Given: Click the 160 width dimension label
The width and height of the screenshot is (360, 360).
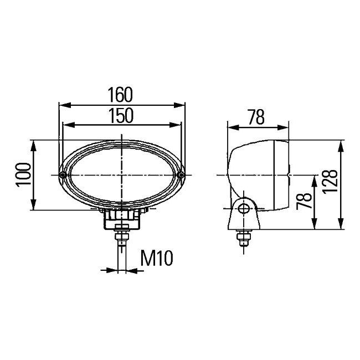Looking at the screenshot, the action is click(120, 95).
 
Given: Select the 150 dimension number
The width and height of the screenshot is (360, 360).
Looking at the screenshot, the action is click(121, 116).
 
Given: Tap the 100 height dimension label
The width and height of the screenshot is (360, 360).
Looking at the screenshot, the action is click(23, 174).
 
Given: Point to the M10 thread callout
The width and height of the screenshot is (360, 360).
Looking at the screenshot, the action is click(157, 258).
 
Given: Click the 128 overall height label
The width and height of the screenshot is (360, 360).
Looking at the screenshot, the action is click(330, 182).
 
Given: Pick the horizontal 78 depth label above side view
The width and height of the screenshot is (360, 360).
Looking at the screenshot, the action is click(256, 117).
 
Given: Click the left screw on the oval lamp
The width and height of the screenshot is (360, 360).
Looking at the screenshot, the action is click(62, 175).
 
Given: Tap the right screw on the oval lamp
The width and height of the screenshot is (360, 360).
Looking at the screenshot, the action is click(181, 175).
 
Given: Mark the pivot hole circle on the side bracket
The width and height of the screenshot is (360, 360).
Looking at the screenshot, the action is click(243, 209).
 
